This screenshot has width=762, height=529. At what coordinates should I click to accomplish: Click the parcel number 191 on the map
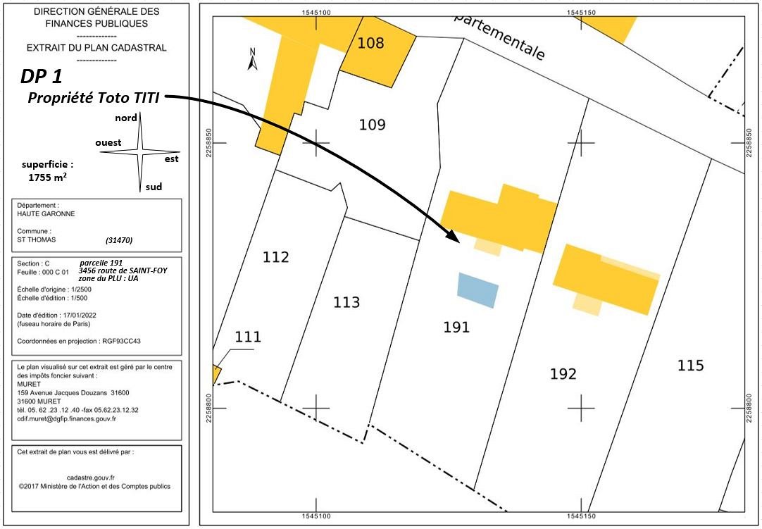pos(456,327)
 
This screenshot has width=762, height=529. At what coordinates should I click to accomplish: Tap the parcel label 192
pos(563,374)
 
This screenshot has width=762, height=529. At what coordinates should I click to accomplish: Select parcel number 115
pos(690,366)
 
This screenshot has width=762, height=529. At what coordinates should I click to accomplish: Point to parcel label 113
pos(346,302)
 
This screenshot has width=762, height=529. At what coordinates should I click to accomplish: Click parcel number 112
pos(275,257)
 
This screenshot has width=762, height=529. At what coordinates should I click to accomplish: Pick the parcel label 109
pos(372,125)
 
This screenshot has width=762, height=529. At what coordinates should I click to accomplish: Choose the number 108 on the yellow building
pos(370,43)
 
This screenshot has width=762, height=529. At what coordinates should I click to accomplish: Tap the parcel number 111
pos(248,337)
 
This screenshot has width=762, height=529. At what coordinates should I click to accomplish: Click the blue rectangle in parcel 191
pos(477,290)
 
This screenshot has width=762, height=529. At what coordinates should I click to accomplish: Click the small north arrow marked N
pos(253,59)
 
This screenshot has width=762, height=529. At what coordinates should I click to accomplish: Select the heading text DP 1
pos(46,77)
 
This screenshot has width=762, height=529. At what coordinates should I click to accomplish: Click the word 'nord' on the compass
pos(126,118)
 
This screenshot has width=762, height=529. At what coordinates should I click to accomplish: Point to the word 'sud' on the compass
pos(154,187)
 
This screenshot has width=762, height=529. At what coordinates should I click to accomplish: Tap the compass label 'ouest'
pos(108,142)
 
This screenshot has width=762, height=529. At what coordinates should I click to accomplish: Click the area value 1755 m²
pos(48,178)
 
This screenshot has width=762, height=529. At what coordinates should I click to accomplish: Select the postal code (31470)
pos(118,240)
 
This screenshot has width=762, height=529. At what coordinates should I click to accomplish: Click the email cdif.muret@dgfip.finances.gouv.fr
pos(67,418)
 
